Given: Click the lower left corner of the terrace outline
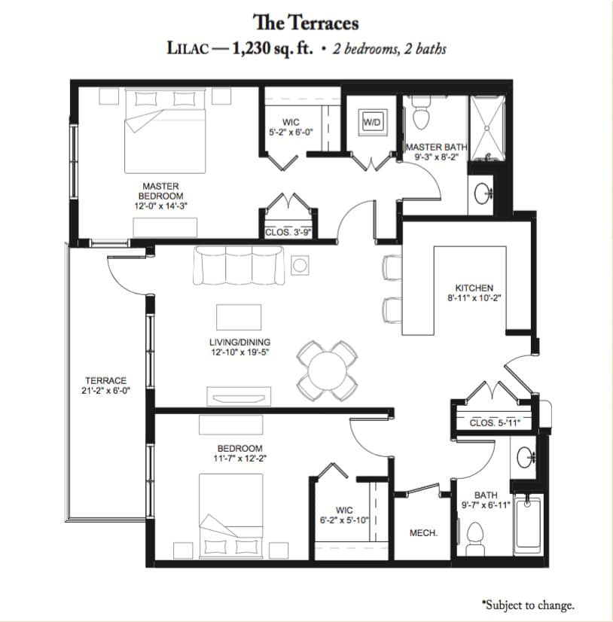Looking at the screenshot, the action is [x=69, y=520].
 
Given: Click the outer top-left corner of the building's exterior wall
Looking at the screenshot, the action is [x=71, y=80].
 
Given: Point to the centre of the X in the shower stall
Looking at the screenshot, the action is [x=488, y=128].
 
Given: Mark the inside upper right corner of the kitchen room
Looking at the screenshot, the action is [x=531, y=221].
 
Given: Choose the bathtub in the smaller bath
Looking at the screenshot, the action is [x=527, y=523].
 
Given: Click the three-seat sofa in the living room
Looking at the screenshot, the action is [x=239, y=265].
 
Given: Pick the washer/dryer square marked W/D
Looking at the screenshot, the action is [x=373, y=122].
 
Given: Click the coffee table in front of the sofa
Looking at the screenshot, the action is [x=239, y=317].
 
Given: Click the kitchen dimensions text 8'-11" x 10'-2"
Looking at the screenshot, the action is [x=474, y=298].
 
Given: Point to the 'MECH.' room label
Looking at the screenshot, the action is [x=423, y=532].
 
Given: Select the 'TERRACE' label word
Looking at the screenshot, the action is [x=105, y=380].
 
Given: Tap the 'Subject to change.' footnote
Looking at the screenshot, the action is [x=528, y=605].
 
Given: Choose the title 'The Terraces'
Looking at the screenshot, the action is [x=306, y=23].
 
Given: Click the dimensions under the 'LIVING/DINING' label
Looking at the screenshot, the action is [x=240, y=352].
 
